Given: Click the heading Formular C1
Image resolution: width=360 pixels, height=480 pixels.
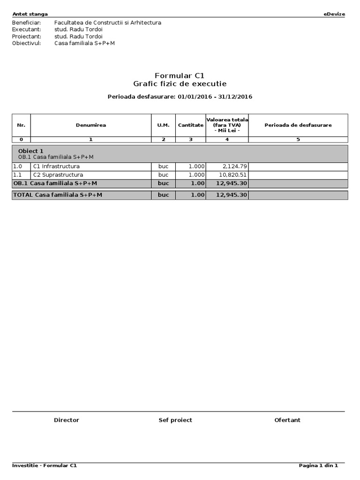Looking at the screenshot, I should pos(180,75).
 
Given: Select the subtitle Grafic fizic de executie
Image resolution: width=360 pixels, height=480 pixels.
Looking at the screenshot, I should pos(180,84).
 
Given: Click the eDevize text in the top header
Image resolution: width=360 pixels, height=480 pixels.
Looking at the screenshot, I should pos(334,14).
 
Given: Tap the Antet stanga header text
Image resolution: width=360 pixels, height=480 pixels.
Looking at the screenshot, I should pos(30,14).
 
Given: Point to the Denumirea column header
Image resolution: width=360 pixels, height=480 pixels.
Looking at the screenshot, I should pos(90,125).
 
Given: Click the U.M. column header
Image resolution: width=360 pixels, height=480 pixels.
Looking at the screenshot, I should pos(163,125).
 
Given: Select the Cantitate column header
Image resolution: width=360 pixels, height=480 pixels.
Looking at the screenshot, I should pos(190,125).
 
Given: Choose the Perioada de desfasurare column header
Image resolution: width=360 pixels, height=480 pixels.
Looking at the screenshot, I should pos(298,125).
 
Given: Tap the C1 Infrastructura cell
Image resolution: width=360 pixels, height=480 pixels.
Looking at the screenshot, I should pos(56,166).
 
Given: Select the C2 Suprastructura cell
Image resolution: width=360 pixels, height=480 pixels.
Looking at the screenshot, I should pos(58,175).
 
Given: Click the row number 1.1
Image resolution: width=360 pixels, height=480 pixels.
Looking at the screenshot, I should pos(17,175).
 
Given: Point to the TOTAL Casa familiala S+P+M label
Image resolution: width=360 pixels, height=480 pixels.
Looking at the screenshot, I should pos(58,195).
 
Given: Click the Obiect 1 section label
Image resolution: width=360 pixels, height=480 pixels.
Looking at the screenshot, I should pos(30,151).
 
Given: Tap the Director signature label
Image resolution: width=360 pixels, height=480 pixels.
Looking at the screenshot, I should pos(67,420).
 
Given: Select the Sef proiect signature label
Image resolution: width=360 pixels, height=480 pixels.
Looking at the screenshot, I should pos(175,420).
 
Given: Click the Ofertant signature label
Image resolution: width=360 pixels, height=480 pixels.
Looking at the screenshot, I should pos(287,420).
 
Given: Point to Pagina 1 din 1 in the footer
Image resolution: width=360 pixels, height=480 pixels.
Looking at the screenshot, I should pos(318,465).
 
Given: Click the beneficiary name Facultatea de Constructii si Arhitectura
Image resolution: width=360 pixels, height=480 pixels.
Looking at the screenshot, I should pos(108,22).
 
